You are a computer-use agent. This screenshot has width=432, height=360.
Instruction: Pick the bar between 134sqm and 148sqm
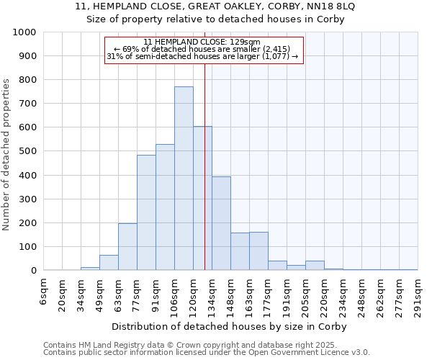(x=221, y=223)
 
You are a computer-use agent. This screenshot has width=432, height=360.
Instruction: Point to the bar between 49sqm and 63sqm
(x=109, y=263)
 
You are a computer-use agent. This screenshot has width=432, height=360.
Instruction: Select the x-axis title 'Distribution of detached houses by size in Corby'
(x=230, y=326)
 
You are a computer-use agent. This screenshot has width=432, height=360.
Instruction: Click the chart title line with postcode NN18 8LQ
(x=215, y=6)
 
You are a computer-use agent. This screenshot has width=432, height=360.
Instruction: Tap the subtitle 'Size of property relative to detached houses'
(x=215, y=19)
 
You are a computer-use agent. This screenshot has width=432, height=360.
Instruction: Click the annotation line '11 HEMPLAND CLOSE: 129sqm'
(x=202, y=42)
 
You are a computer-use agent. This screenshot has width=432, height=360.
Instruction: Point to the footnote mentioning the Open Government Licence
(x=207, y=353)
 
